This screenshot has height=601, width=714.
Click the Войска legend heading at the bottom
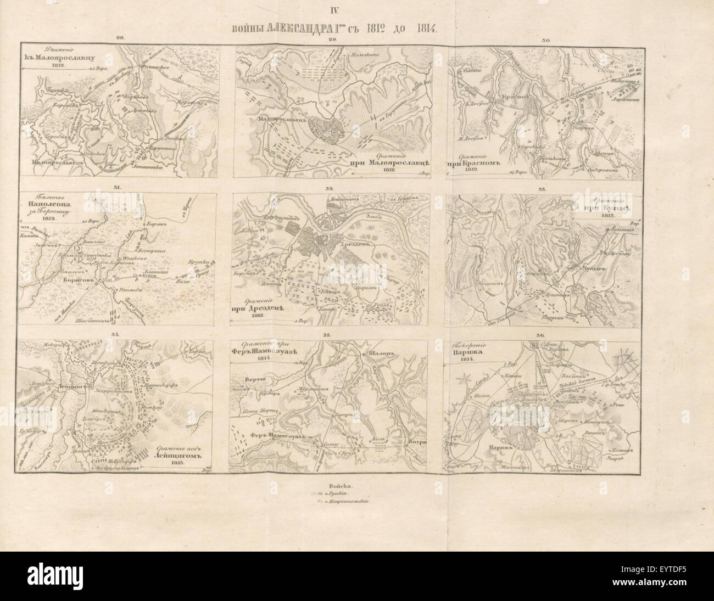click(342, 486)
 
